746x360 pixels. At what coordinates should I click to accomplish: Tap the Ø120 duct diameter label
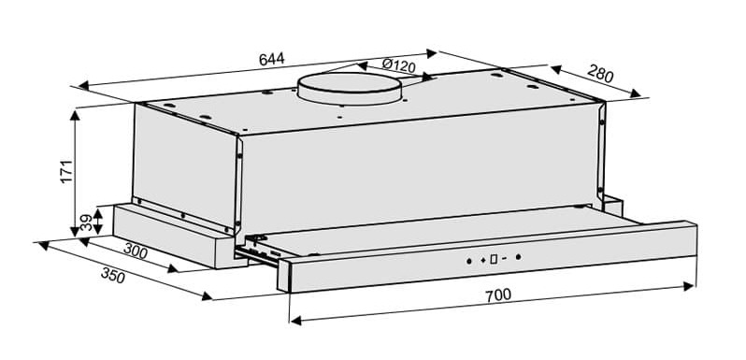(x=398, y=66)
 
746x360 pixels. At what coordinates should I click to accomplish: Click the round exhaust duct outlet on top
(x=348, y=88)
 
